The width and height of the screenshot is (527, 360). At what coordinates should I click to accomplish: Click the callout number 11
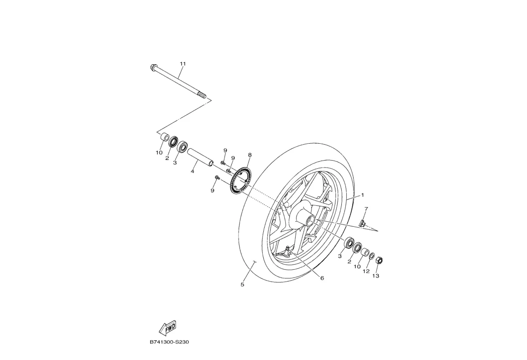coord(183,63)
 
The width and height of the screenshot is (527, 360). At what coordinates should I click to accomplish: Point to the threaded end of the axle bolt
coord(201,96)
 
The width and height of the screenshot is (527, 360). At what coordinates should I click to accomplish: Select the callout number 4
coord(193,172)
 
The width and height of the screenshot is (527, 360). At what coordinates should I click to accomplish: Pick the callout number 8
coord(250,155)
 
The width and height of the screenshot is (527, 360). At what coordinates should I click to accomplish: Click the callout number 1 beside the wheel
coord(363,195)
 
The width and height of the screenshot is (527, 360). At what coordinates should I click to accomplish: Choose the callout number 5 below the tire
coord(242,285)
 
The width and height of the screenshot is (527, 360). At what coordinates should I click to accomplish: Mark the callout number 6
coord(322,278)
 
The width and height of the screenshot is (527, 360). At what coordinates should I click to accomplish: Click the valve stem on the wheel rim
coord(287,250)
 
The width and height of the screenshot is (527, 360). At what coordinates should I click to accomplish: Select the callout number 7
coord(366,209)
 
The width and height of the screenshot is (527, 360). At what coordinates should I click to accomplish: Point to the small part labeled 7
coord(363,223)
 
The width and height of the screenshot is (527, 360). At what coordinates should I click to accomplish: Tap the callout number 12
coord(366,271)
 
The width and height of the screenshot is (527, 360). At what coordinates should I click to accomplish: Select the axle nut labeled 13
coord(379,261)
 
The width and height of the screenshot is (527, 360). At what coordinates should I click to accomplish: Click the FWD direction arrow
coord(167,328)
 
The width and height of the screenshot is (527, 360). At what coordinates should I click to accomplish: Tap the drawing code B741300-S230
coord(169,342)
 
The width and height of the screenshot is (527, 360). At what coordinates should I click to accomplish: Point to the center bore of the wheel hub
coord(312,222)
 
